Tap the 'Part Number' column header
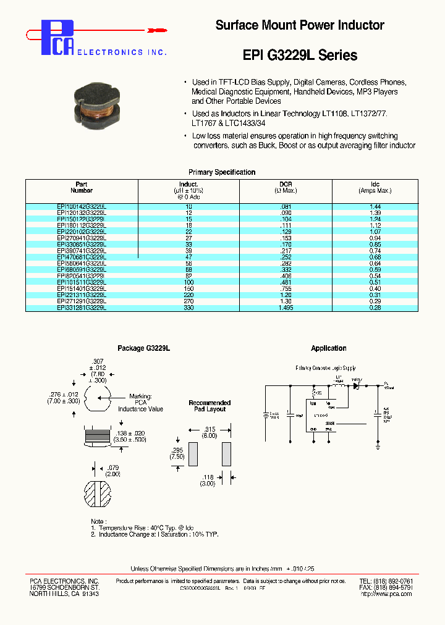pyautogui.click(x=82, y=188)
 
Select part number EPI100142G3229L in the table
pyautogui.click(x=82, y=206)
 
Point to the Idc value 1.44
pyautogui.click(x=375, y=206)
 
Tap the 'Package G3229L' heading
pyautogui.click(x=143, y=348)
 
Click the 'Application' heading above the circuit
pyautogui.click(x=329, y=348)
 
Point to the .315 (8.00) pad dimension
pyautogui.click(x=210, y=432)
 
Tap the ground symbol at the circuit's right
pyautogui.click(x=377, y=443)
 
